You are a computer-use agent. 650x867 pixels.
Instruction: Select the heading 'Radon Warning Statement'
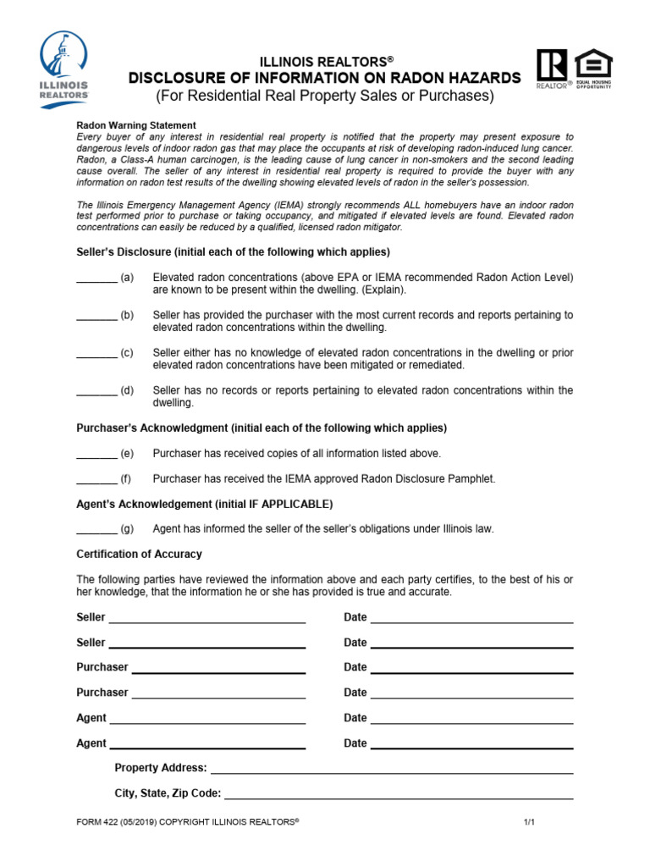[136, 125]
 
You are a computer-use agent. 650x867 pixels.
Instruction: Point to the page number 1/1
[529, 822]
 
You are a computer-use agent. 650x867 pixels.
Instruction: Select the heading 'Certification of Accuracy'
[139, 554]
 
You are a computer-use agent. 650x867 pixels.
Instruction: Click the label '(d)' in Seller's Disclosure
[127, 390]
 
